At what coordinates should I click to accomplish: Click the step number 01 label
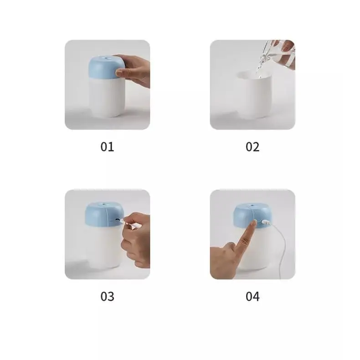click(x=107, y=147)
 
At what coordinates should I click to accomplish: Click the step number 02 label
click(x=252, y=147)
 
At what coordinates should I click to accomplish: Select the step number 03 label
click(x=107, y=296)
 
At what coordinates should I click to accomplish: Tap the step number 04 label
click(x=252, y=296)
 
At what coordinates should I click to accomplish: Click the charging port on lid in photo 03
click(x=119, y=221)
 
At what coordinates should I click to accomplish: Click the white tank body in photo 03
click(x=103, y=248)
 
